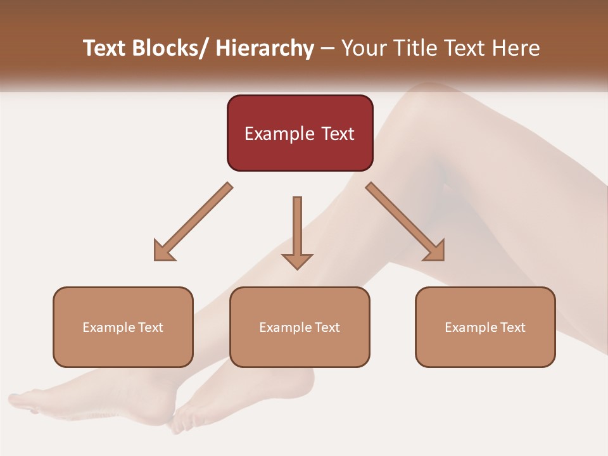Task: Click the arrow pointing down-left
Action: click(x=193, y=222)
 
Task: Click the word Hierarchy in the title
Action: click(x=265, y=49)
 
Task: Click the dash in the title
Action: click(x=327, y=49)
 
